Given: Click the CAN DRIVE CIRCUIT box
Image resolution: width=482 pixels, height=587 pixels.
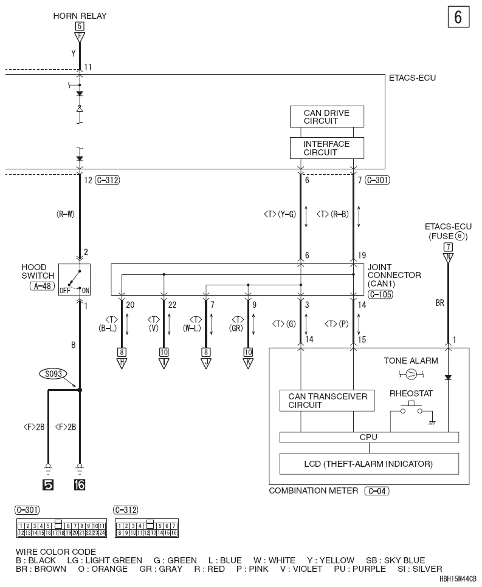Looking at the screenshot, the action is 326,117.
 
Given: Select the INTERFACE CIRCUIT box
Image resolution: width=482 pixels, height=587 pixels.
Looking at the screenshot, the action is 326,148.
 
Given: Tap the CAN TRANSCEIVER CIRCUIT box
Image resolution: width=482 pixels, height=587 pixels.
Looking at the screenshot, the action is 327,401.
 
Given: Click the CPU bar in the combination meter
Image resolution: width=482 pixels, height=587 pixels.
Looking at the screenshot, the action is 369,437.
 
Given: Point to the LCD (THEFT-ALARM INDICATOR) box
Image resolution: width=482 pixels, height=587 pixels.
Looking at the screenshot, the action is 369,464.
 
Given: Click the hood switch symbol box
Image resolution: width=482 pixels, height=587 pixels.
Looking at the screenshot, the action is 74,280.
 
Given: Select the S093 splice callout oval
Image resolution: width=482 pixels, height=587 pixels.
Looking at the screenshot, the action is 53,373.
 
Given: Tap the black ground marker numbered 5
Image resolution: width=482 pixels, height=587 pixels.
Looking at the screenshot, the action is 48,485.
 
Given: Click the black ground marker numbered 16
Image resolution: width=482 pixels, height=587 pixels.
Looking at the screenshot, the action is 80,485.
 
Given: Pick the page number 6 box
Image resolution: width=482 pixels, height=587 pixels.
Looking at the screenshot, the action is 458,17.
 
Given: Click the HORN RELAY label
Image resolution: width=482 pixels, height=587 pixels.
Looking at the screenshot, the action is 80,16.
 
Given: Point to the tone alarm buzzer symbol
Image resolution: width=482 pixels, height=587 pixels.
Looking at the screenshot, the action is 411,373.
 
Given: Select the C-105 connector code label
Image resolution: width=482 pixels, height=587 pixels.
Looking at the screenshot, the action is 380,294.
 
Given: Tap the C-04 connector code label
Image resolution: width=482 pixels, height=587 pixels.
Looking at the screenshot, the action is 377,491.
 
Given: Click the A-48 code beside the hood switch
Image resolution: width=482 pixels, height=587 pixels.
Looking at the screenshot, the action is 43,286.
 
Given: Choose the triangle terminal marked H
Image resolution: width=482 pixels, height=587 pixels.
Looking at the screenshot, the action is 122,363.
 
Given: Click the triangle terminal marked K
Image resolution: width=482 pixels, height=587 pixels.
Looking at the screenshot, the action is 248,363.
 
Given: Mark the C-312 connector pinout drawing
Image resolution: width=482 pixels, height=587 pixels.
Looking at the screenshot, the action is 147,528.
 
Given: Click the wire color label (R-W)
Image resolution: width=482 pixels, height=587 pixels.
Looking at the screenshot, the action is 66,214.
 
